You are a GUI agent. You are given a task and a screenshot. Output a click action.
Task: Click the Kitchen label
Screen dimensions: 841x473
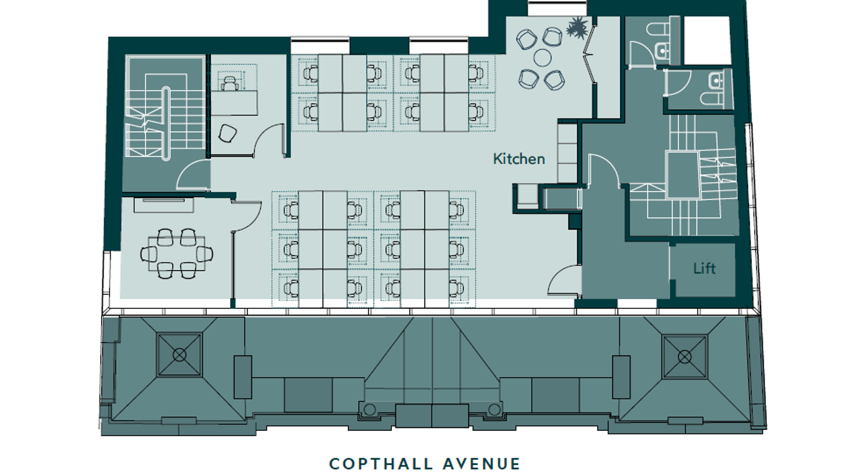click(519, 159)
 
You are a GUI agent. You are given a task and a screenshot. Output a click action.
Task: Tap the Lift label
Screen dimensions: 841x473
click(704, 268)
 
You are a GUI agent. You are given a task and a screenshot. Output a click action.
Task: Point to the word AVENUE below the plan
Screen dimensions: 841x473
click(482, 464)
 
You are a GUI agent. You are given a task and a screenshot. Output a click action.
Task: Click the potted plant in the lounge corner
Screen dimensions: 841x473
click(577, 28)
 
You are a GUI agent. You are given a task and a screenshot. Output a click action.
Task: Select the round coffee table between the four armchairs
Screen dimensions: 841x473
click(542, 58)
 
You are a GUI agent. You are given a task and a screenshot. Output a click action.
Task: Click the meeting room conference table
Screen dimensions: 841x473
click(176, 253)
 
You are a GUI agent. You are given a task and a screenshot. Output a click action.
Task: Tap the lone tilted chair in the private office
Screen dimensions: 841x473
click(227, 133)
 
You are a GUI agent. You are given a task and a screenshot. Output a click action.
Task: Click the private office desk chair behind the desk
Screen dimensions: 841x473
click(229, 83)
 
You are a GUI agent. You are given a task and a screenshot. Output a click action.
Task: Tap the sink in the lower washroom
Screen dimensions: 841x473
click(716, 80)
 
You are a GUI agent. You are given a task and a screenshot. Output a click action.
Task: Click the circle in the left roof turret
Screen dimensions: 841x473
click(179, 355)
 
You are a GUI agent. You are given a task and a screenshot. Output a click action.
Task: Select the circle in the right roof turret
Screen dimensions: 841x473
click(684, 356)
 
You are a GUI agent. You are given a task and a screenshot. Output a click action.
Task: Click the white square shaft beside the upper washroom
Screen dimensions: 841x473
click(707, 40)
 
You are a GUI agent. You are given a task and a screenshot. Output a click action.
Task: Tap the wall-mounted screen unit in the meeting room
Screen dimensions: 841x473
click(164, 205)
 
